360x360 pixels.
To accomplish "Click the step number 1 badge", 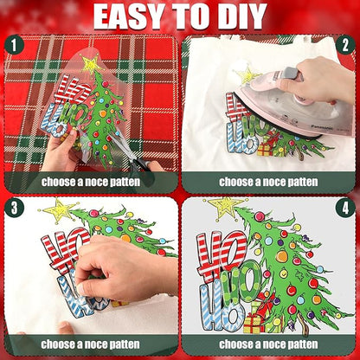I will (15, 45).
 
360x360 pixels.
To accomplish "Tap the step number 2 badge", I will (345, 45).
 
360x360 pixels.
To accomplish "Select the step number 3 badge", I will (15, 209).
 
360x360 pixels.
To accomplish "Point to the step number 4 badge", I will (345, 209).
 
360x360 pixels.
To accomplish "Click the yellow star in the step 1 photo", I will (90, 64).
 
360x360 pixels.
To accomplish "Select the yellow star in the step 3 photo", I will (60, 209).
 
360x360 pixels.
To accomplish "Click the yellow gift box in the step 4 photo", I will (253, 323).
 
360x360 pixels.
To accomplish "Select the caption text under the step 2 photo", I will (269, 183).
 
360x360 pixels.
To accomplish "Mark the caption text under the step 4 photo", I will (269, 346).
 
